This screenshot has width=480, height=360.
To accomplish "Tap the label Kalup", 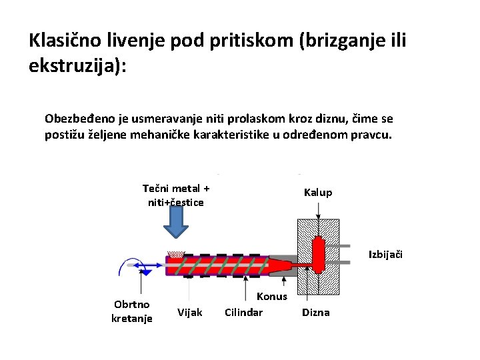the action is [318, 193].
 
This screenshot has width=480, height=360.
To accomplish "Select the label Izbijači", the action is [386, 255].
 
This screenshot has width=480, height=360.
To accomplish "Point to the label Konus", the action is [271, 297].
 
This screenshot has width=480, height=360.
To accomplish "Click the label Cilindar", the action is [243, 312].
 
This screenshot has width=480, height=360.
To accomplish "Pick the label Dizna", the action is [316, 312].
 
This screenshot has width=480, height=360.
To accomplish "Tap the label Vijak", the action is [190, 312].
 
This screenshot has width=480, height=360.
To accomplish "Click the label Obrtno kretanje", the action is [132, 311].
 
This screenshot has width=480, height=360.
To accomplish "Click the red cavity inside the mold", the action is [318, 253].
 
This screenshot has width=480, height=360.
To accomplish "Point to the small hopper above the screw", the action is [175, 254].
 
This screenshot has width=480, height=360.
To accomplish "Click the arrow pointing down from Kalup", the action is [319, 210].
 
